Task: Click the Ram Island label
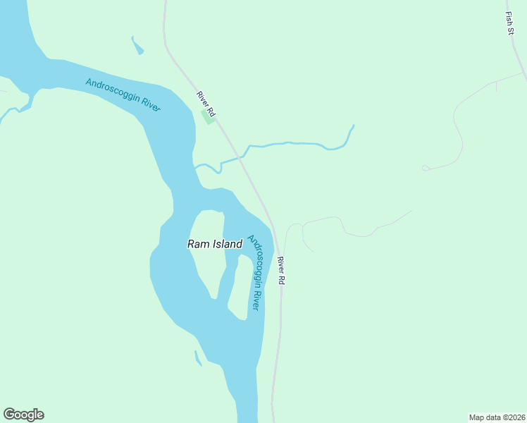215,244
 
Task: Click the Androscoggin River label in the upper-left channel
123,94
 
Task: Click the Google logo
23,415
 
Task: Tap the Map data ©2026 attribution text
497,417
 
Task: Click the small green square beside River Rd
209,116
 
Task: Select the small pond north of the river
137,46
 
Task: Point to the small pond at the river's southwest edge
198,359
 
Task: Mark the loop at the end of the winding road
426,168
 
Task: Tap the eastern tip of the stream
352,126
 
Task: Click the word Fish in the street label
508,16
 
